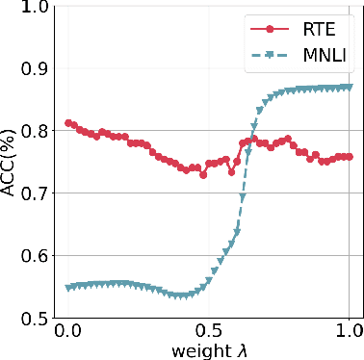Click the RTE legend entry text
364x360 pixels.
pyautogui.click(x=309, y=32)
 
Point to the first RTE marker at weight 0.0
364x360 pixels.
pyautogui.click(x=67, y=123)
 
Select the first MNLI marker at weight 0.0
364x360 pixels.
pyautogui.click(x=67, y=288)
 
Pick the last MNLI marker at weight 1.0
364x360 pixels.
pyautogui.click(x=348, y=88)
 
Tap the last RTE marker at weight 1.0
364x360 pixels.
pyautogui.click(x=348, y=156)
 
